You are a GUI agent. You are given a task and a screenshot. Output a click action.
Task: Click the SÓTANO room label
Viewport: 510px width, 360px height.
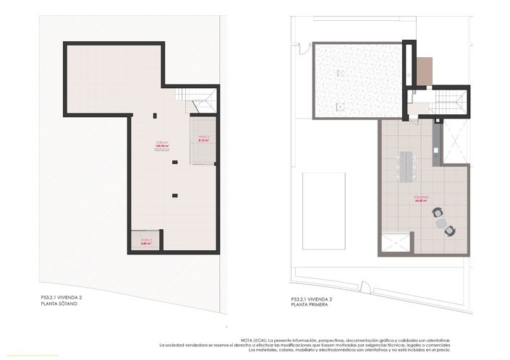(x=162, y=142)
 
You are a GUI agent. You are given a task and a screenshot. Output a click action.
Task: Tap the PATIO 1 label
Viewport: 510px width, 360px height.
(x=203, y=137)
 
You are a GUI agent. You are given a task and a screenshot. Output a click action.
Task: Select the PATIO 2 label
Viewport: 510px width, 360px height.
(x=146, y=241)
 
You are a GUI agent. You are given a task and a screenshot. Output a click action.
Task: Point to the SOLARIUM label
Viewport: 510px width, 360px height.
(x=422, y=198)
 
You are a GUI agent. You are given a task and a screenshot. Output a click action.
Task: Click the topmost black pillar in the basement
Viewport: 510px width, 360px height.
(x=155, y=115)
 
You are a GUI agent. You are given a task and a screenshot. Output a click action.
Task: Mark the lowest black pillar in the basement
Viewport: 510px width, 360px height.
(x=174, y=194)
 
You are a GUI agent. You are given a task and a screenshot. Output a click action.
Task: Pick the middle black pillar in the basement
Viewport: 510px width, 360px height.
(x=174, y=163)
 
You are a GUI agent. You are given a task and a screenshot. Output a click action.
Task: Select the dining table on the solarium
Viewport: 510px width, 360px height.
(x=405, y=166)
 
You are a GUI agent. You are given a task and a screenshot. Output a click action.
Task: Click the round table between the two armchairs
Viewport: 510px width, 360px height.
(x=441, y=223)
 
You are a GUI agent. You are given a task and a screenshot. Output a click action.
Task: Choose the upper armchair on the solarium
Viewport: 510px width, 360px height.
(x=437, y=213)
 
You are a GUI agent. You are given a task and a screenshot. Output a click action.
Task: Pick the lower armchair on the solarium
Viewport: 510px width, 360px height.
(x=449, y=231)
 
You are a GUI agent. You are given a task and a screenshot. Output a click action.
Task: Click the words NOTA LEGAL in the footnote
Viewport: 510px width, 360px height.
(x=254, y=340)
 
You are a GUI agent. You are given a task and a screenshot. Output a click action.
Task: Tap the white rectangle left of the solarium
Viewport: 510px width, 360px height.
(x=323, y=210)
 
